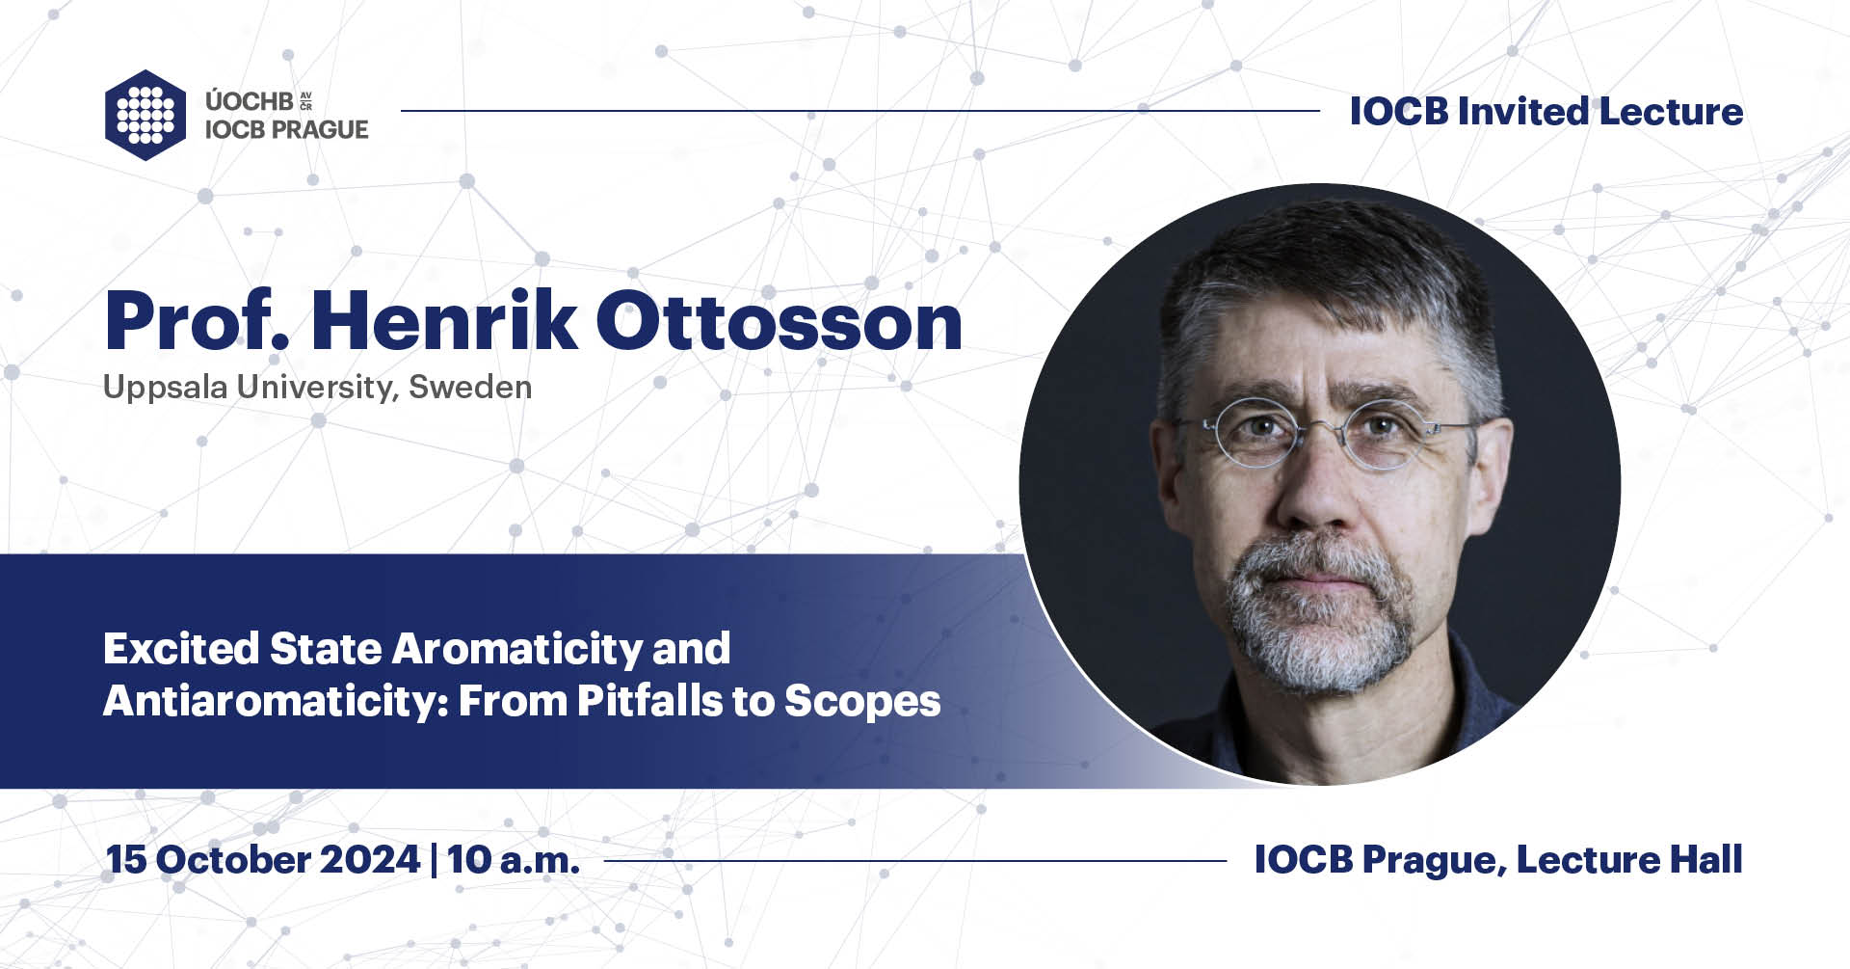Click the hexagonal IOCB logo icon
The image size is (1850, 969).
click(x=145, y=115)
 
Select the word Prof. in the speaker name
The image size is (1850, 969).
click(x=197, y=320)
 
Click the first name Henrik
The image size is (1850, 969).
click(x=443, y=320)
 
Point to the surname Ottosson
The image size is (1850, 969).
click(x=780, y=320)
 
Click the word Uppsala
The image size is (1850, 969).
click(x=166, y=388)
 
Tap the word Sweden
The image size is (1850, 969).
click(x=470, y=387)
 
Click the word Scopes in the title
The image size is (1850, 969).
click(x=862, y=702)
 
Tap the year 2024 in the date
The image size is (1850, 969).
click(x=370, y=859)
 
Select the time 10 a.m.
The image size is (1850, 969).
click(x=514, y=859)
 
